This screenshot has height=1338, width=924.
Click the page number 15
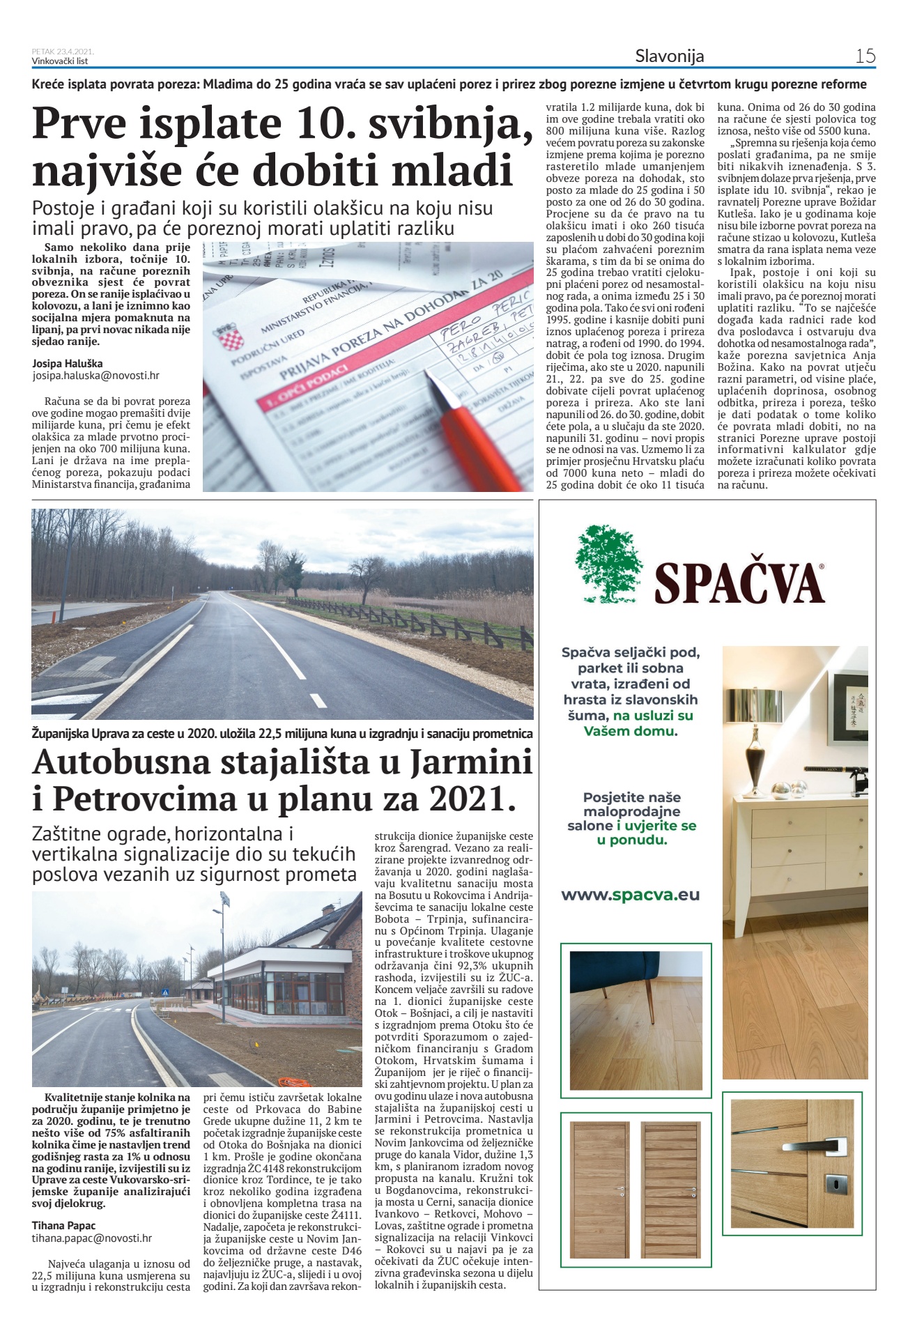(865, 56)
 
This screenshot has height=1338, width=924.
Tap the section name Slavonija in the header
(669, 56)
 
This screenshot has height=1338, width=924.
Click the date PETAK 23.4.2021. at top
(63, 52)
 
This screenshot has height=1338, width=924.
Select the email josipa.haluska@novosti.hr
(95, 375)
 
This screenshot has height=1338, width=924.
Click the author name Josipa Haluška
(67, 363)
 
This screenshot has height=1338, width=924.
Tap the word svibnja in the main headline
(444, 123)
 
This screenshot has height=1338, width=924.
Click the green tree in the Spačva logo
(608, 564)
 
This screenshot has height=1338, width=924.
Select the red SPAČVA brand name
(739, 583)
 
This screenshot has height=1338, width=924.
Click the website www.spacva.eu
(630, 895)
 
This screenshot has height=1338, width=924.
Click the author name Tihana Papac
(63, 1225)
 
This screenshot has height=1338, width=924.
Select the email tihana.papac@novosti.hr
(91, 1238)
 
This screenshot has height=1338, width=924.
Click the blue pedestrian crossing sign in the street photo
(165, 992)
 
